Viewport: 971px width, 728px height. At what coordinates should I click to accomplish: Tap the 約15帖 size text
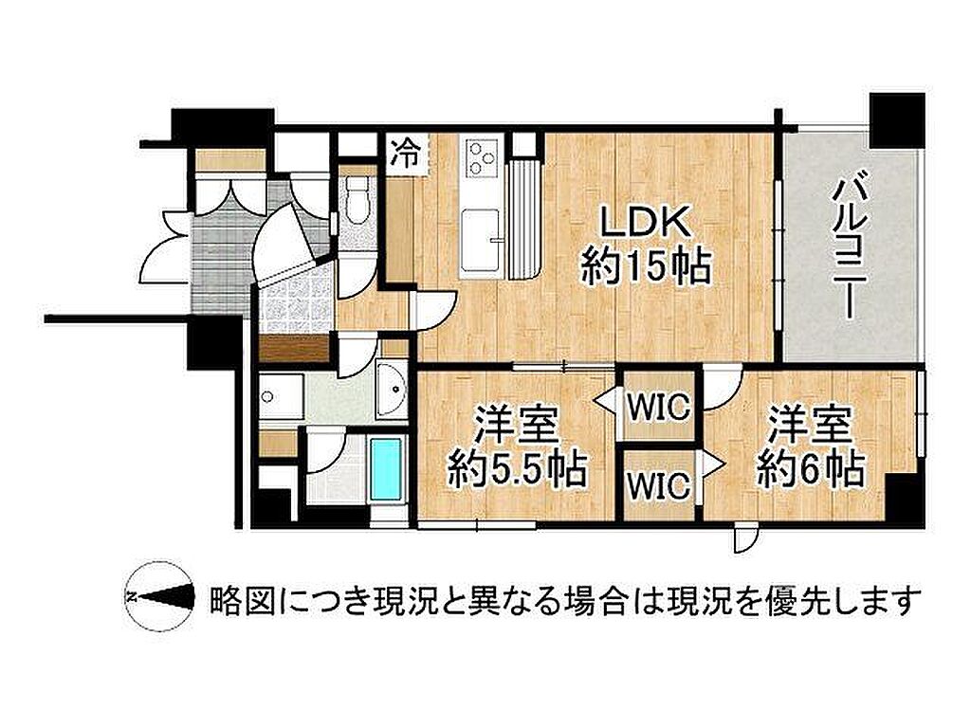click(x=646, y=267)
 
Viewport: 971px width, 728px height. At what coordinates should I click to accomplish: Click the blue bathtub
click(x=385, y=466)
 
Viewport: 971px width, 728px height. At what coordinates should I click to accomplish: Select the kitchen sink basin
click(x=481, y=239)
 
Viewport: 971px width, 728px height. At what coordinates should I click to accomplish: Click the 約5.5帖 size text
click(x=517, y=472)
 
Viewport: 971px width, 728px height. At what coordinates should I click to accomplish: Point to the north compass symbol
click(x=159, y=597)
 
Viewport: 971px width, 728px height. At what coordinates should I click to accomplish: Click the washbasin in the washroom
click(x=392, y=390)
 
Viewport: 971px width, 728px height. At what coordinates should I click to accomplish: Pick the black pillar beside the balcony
click(x=897, y=120)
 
